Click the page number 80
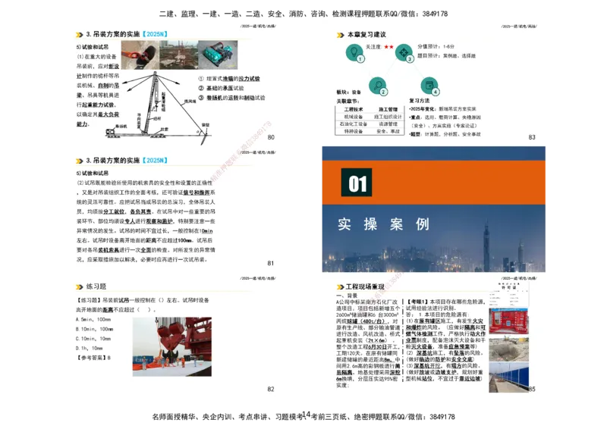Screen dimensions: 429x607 [271, 137]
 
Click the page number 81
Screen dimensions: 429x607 [271, 263]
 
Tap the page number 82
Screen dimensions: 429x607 [271, 389]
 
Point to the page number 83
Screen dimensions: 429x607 [532, 137]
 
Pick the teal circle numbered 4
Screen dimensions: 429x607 [431, 86]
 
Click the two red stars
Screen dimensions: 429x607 [388, 47]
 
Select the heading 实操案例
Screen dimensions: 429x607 [384, 224]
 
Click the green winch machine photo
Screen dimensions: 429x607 [221, 55]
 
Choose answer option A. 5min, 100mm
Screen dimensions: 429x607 [96, 320]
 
